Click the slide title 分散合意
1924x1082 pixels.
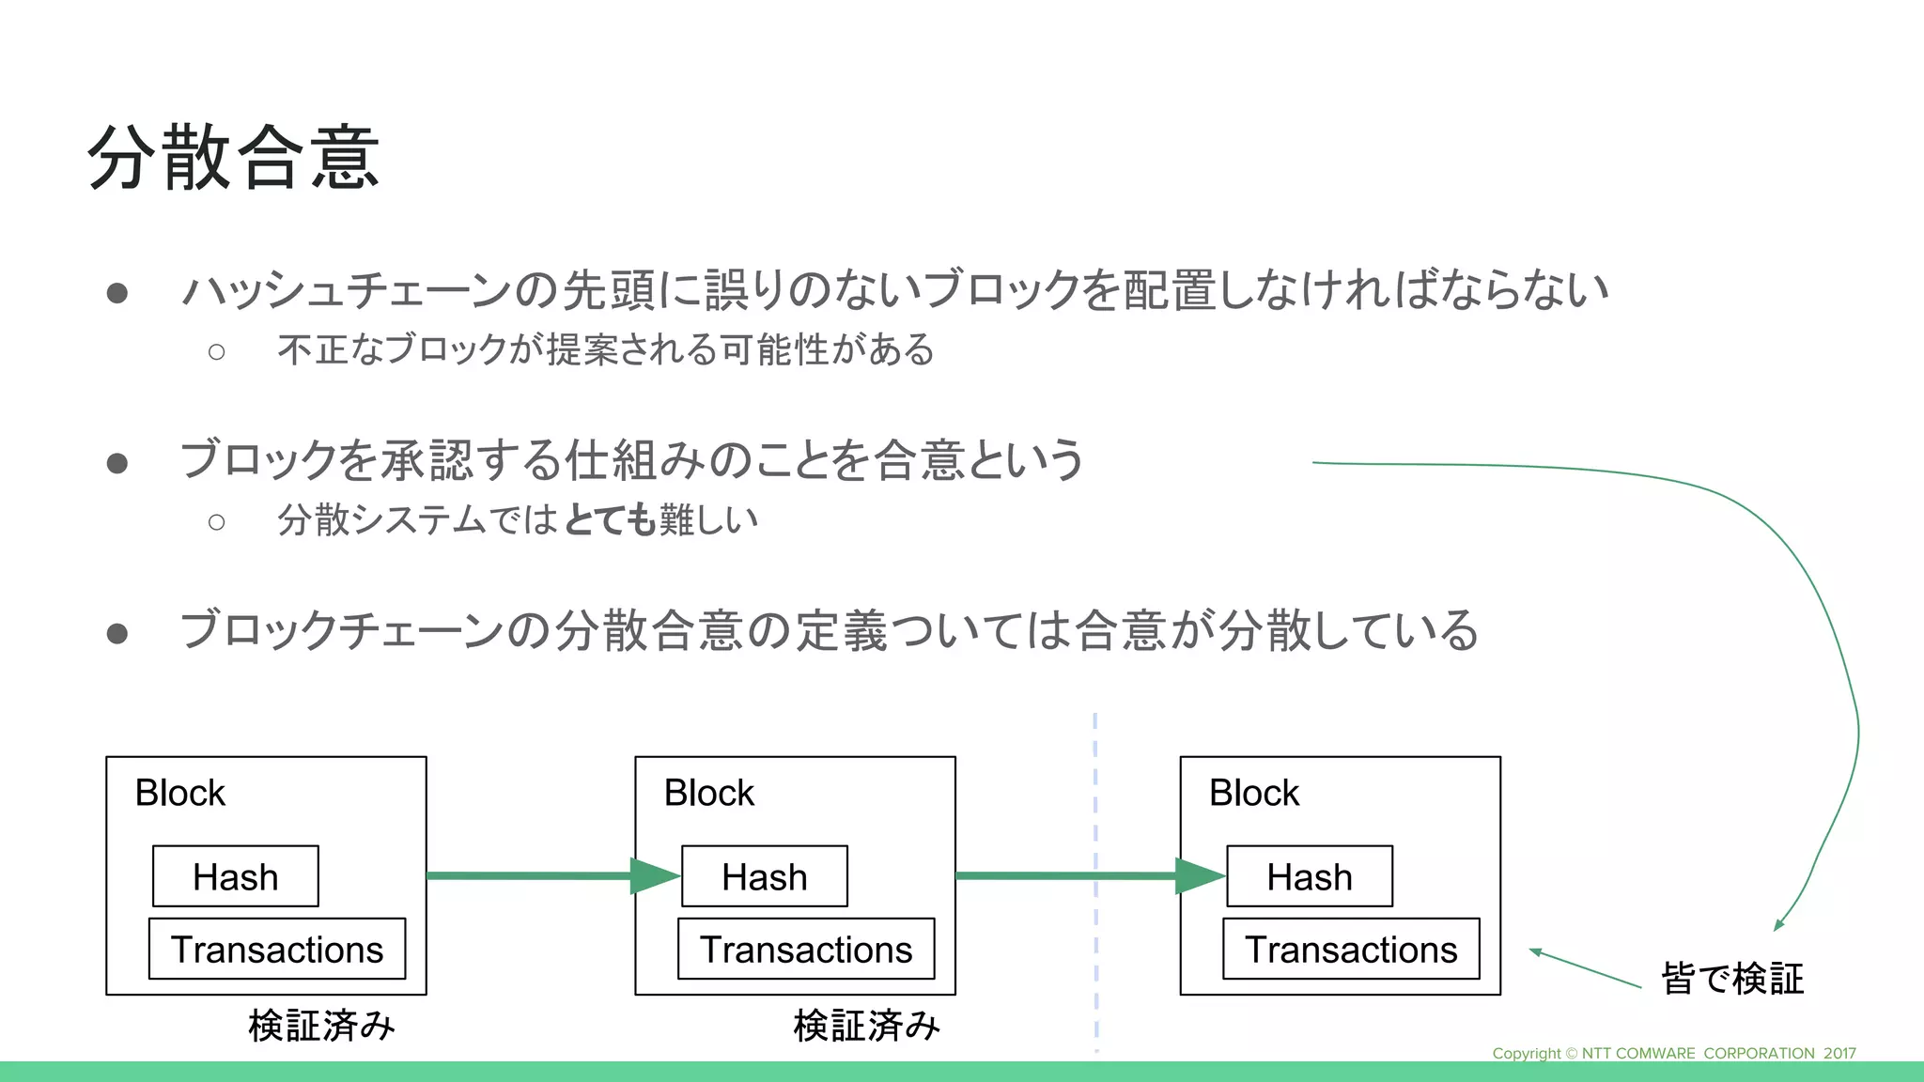[x=233, y=157]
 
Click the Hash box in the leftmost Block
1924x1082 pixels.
[x=236, y=876]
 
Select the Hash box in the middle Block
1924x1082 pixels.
[x=765, y=876]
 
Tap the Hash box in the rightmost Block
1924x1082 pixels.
[x=1310, y=876]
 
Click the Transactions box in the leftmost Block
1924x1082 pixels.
[x=277, y=949]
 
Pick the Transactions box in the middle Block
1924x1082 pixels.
[x=806, y=949]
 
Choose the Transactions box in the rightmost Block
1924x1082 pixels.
[x=1351, y=949]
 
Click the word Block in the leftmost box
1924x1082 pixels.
[x=179, y=793]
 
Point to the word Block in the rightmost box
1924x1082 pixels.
[x=1253, y=793]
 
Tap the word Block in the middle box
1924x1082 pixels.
[x=708, y=793]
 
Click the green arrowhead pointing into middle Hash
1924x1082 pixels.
[x=654, y=876]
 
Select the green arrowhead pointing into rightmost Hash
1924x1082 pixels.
[x=1199, y=876]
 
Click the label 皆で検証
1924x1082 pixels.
[x=1732, y=978]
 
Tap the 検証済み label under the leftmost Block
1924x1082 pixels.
[x=321, y=1025]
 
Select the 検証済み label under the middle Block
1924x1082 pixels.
[x=866, y=1025]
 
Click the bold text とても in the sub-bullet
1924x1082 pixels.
[x=610, y=519]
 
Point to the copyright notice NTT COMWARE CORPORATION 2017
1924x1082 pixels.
[x=1674, y=1053]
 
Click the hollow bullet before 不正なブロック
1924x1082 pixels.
[x=217, y=352]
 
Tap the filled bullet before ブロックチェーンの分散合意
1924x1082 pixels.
[x=117, y=633]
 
